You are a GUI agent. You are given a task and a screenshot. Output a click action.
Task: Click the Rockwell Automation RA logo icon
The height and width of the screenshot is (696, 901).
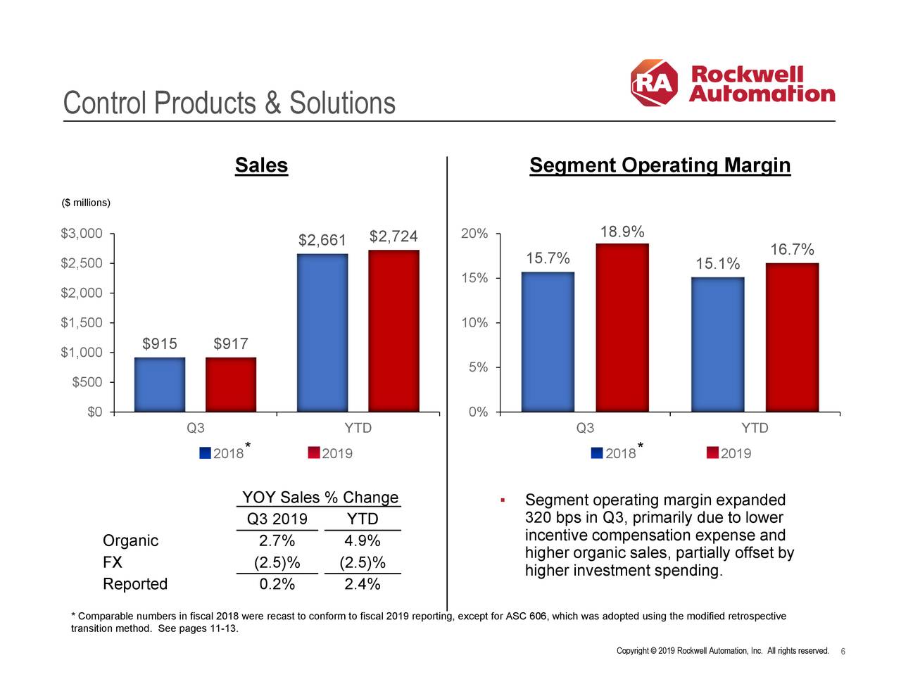[654, 83]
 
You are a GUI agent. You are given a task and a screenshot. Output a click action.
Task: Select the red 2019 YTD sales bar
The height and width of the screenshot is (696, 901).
[393, 331]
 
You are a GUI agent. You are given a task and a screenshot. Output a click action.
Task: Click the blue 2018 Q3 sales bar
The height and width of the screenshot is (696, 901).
[160, 384]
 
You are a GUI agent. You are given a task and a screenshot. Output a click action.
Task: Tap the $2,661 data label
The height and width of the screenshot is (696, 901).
[322, 241]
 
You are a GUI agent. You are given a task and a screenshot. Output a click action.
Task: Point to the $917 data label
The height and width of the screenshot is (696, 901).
[231, 343]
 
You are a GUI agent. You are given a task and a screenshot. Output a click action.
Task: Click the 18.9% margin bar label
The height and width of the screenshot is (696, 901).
[622, 232]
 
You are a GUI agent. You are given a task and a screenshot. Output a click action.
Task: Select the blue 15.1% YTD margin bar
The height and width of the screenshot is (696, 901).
[717, 344]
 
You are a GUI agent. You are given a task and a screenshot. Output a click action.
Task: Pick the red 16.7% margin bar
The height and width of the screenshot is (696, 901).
[792, 337]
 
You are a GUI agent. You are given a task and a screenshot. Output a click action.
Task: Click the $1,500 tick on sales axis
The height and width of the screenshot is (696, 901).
[82, 322]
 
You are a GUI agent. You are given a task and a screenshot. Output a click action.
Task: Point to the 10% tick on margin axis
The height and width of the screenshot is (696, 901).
[474, 322]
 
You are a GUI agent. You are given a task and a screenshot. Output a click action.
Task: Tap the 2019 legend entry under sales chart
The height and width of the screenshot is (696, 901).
[330, 453]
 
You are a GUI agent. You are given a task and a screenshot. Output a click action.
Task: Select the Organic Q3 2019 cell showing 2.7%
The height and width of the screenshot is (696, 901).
[277, 540]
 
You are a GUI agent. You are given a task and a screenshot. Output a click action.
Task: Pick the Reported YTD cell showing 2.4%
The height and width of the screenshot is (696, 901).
[362, 584]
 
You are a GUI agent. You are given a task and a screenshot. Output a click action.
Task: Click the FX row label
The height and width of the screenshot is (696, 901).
[113, 562]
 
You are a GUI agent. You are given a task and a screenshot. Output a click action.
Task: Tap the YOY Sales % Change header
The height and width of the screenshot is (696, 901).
[320, 498]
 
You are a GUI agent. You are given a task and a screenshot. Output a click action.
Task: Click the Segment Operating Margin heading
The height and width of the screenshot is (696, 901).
[660, 165]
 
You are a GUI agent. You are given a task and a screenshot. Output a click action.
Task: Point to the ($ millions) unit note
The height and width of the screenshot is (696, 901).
[86, 203]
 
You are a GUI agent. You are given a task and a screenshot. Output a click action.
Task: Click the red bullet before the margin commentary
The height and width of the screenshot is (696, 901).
[503, 500]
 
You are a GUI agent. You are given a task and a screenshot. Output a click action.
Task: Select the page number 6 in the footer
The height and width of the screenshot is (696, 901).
[843, 651]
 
